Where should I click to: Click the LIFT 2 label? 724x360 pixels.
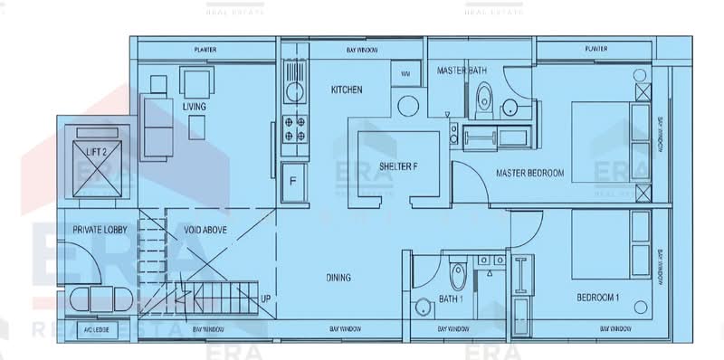click(98, 153)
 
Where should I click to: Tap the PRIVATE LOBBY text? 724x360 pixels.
click(100, 231)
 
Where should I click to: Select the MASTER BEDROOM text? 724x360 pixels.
click(529, 173)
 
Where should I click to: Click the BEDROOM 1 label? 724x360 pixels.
click(598, 298)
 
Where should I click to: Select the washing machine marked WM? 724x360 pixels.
click(405, 72)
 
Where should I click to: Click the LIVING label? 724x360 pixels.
click(194, 107)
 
